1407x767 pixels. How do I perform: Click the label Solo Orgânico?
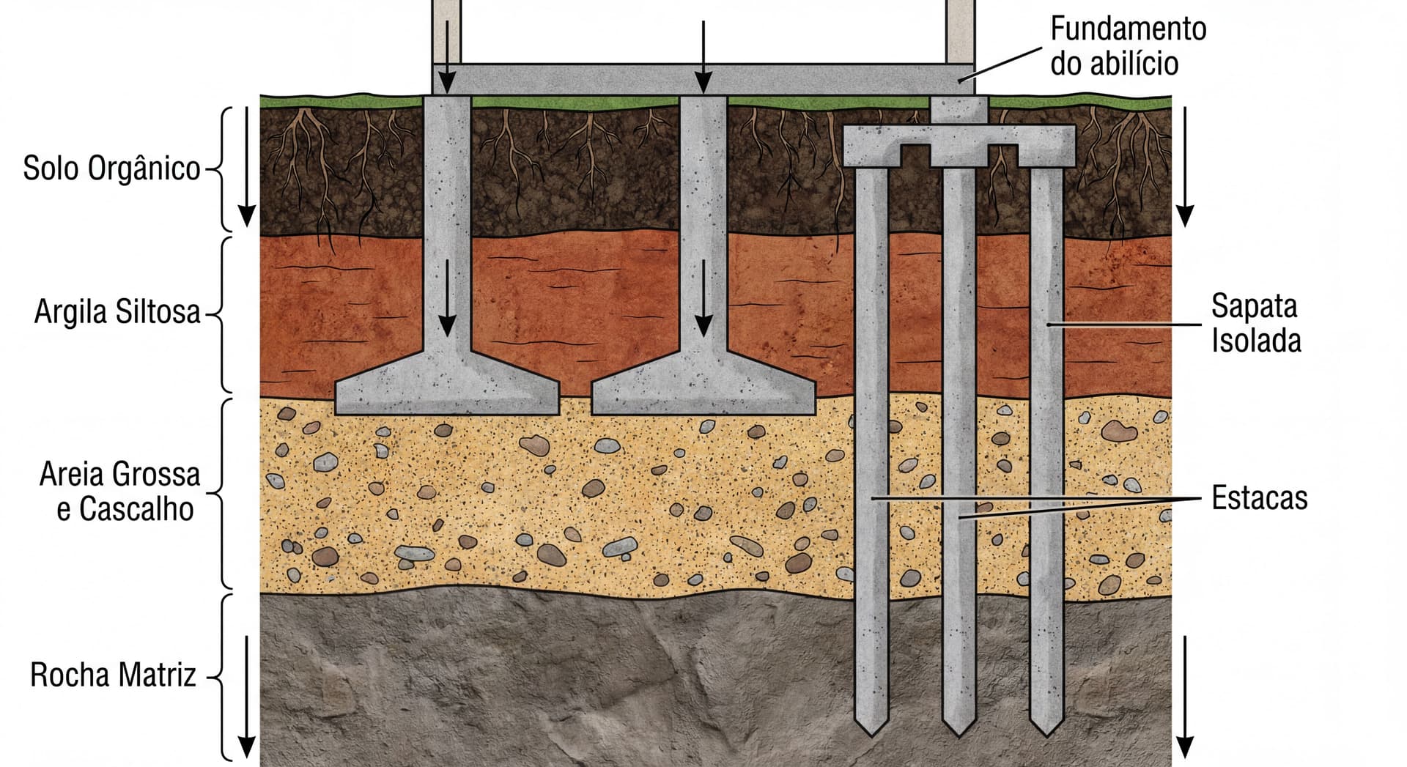(x=111, y=168)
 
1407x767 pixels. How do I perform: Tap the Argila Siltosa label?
(x=117, y=312)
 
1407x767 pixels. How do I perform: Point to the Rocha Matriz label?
(x=113, y=675)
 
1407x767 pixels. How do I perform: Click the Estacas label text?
(x=1259, y=498)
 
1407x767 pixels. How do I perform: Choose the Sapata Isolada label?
(x=1255, y=323)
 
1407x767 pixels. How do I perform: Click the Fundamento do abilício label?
(x=1128, y=46)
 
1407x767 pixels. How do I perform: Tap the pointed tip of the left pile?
(x=872, y=729)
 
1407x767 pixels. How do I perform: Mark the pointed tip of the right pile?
(x=1046, y=730)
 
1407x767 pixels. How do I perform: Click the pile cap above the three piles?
(x=959, y=143)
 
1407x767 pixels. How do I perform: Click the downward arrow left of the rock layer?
(x=247, y=696)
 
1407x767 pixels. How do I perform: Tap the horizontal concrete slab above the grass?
(x=703, y=78)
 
